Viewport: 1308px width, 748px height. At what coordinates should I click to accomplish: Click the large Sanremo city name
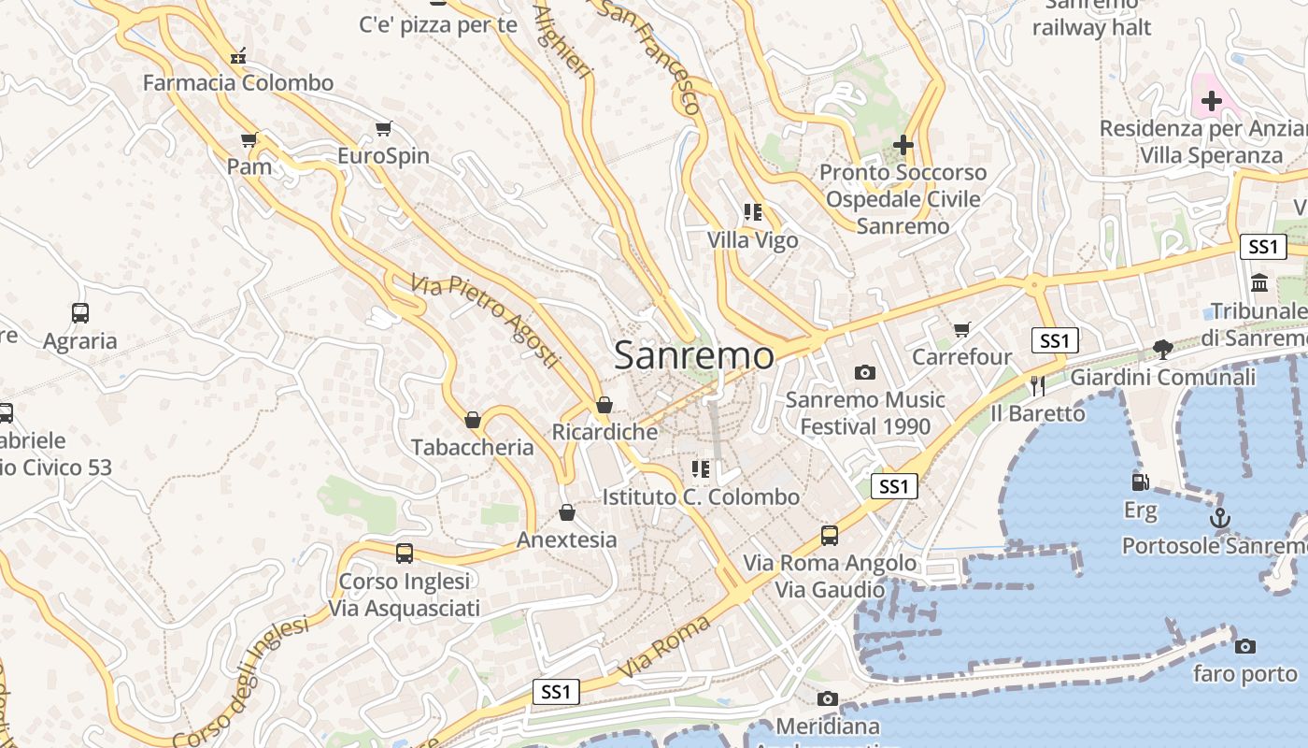click(694, 355)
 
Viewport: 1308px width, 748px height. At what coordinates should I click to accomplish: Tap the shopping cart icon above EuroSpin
click(383, 128)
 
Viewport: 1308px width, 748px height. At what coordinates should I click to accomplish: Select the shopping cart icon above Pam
click(249, 140)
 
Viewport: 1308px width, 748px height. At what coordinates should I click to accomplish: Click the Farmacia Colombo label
click(237, 82)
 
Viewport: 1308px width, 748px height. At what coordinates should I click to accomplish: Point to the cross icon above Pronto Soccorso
click(903, 145)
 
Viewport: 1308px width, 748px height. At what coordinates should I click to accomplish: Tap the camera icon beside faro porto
click(1244, 646)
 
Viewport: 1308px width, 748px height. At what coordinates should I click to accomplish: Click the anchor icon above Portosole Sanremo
click(1219, 518)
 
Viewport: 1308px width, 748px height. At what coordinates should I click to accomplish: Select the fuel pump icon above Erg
click(1140, 482)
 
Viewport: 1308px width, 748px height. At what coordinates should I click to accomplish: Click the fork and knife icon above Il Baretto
click(1037, 385)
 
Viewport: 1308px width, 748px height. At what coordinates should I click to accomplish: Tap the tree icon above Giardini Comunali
click(1163, 350)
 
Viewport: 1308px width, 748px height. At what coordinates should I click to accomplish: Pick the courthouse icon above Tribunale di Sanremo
click(1259, 282)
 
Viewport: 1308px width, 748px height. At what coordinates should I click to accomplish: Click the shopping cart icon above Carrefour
click(961, 329)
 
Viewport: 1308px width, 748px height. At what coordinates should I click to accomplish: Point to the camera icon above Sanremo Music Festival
click(865, 372)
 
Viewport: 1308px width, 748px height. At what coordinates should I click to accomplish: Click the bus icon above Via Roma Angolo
click(830, 536)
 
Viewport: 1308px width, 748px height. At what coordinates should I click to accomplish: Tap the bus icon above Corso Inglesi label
click(405, 553)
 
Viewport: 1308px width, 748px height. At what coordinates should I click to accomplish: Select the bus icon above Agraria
click(80, 313)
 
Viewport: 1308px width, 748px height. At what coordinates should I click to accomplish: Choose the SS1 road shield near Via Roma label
click(556, 692)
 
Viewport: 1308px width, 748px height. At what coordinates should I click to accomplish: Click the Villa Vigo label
click(752, 240)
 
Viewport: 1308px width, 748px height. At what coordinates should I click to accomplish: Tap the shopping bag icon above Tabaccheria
click(473, 420)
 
